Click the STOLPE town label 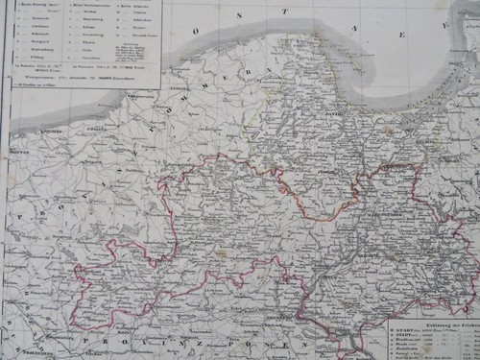[182, 91]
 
